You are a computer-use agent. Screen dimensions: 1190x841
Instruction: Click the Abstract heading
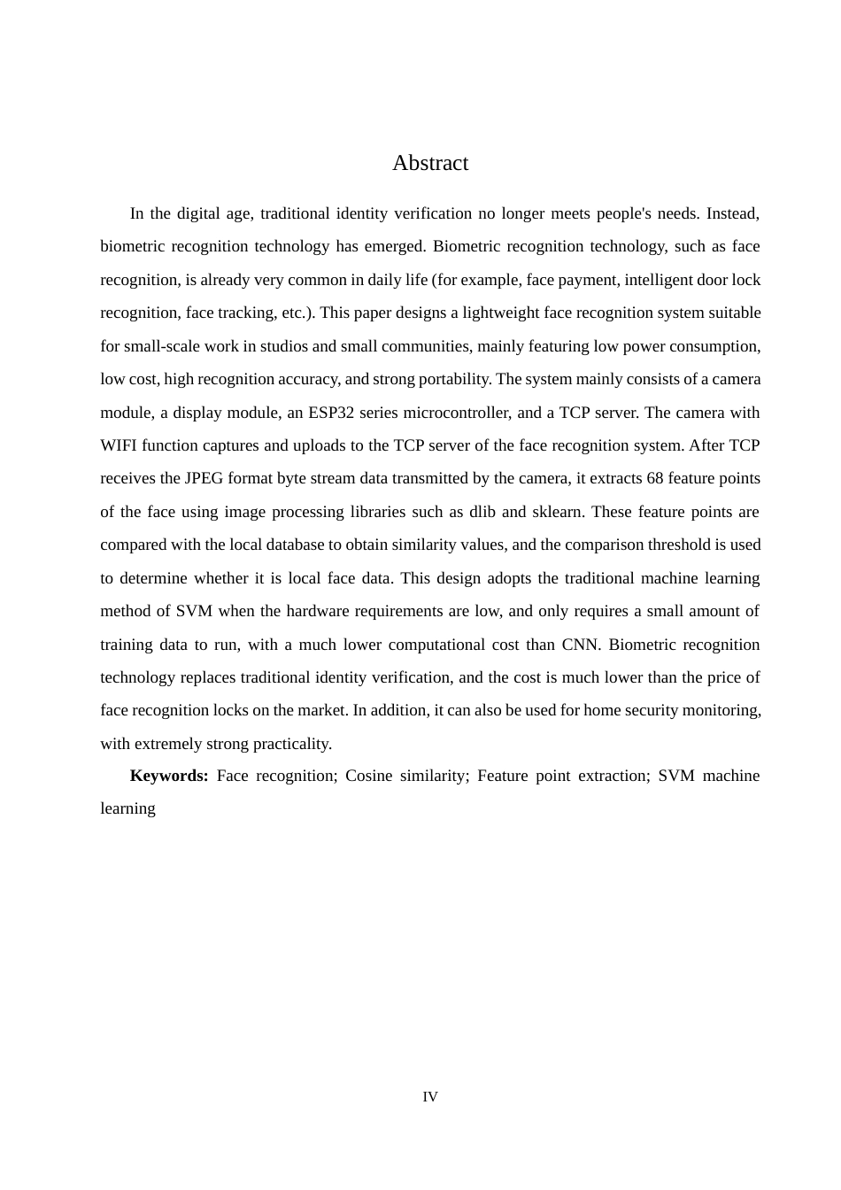[x=430, y=163]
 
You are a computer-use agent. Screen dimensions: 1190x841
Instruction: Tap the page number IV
[x=430, y=1097]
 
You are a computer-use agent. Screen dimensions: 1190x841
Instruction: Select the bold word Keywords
[x=168, y=776]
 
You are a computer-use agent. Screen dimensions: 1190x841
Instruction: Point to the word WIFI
[x=118, y=445]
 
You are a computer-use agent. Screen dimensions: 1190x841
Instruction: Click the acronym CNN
[x=580, y=645]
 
